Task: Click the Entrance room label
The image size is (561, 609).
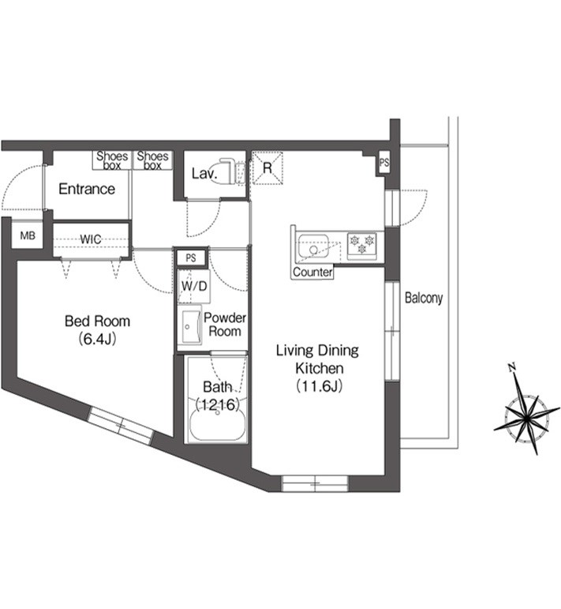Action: pos(87,189)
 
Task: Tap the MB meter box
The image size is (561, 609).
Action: pos(27,235)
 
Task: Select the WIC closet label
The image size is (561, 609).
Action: pos(91,239)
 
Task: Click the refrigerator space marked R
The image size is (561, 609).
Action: pos(267,167)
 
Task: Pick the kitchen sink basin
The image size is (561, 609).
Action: pos(313,245)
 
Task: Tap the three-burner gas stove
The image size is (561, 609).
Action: pos(361,246)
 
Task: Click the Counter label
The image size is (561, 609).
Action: pos(312,272)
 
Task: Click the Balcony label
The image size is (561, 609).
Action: pos(424,298)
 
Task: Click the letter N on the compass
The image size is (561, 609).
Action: pos(512,367)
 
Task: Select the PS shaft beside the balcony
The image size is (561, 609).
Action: pos(384,163)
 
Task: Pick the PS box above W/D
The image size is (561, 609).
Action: pos(190,258)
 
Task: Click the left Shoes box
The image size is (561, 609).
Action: pos(112,160)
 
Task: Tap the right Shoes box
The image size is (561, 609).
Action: pos(152,160)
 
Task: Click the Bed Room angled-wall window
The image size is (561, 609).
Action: pos(120,426)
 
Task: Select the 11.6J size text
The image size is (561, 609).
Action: pos(319,386)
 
